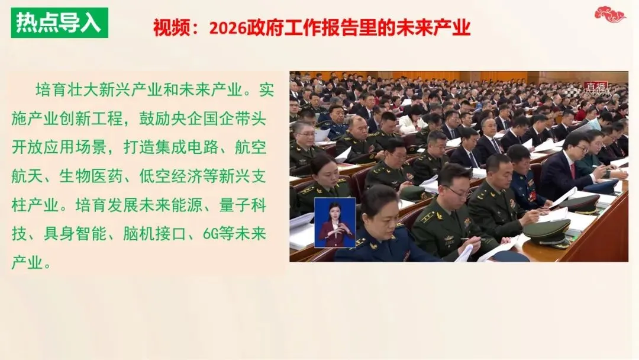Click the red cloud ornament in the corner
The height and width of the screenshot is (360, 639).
point(609,14)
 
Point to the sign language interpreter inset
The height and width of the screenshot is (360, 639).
point(334,222)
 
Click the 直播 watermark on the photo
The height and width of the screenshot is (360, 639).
point(595,88)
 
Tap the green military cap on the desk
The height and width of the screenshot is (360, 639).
point(547,231)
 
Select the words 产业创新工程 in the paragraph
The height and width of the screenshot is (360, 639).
point(79,117)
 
